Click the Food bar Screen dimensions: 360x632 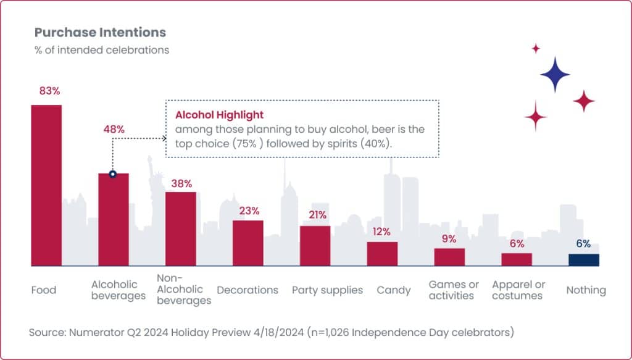click(46, 185)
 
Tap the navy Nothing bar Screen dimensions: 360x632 click(583, 259)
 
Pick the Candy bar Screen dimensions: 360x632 click(382, 254)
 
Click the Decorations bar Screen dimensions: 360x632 click(248, 243)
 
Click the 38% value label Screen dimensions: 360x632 click(181, 183)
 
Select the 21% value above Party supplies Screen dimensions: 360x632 click(316, 215)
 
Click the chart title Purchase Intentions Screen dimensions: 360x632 click(100, 32)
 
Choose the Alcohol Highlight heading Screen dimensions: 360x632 click(219, 115)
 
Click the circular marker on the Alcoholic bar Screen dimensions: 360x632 click(113, 174)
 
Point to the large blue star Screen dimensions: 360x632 click(555, 75)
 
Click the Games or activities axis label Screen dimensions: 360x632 click(454, 290)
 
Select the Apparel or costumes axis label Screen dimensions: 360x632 click(518, 290)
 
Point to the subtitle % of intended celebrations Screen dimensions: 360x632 click(101, 50)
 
